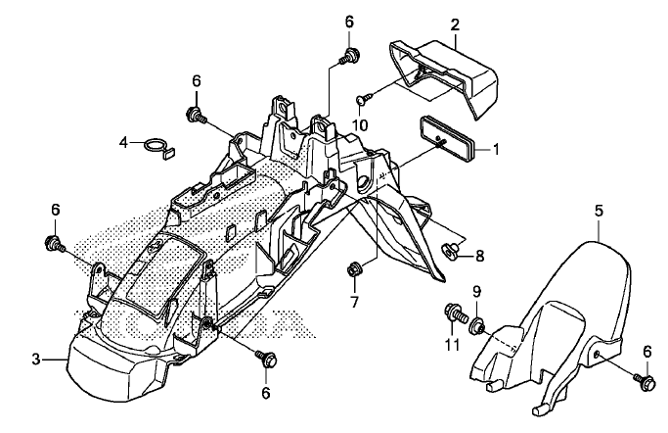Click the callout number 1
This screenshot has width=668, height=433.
pyautogui.click(x=495, y=149)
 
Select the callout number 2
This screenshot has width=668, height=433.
pyautogui.click(x=455, y=24)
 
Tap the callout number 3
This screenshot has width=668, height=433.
pyautogui.click(x=36, y=360)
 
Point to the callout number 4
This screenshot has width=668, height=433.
pyautogui.click(x=123, y=142)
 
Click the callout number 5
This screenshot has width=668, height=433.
pyautogui.click(x=599, y=211)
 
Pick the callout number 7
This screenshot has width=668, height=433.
pyautogui.click(x=354, y=302)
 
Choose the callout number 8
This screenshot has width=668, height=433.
pyautogui.click(x=479, y=256)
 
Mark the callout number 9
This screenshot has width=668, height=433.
pyautogui.click(x=476, y=292)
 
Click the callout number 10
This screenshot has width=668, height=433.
pyautogui.click(x=360, y=125)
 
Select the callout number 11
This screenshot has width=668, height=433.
pyautogui.click(x=452, y=344)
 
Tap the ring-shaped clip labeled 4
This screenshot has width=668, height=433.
pyautogui.click(x=161, y=148)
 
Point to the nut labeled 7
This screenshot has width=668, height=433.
pyautogui.click(x=353, y=269)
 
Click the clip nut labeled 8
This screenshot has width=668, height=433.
pyautogui.click(x=451, y=248)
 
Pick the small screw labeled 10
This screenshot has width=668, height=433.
pyautogui.click(x=364, y=98)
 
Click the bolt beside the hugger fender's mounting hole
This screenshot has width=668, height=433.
pyautogui.click(x=644, y=380)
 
